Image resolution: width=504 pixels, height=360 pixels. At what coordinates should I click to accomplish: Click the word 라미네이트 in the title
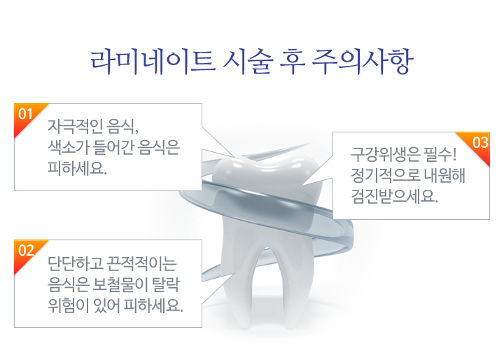153,62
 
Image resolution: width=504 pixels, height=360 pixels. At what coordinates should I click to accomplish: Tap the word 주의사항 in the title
363,62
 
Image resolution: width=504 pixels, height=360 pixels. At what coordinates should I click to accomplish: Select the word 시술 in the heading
248,62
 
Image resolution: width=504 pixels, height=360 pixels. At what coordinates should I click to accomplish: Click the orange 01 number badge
27,115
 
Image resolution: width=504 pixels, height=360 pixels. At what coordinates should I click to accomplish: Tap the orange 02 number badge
27,251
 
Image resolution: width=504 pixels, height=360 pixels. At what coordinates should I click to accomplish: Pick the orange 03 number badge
478,143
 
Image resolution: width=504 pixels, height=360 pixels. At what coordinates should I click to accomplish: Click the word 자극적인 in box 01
75,126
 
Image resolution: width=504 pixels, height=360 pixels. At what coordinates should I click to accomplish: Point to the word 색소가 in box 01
68,147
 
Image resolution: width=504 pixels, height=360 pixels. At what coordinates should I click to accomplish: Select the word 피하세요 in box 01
77,167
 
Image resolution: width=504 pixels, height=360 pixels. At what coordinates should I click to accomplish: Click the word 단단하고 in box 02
75,263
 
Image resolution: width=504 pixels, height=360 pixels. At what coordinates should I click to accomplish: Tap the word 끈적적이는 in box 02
141,263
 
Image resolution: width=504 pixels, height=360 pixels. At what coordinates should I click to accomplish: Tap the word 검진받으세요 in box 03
394,196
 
